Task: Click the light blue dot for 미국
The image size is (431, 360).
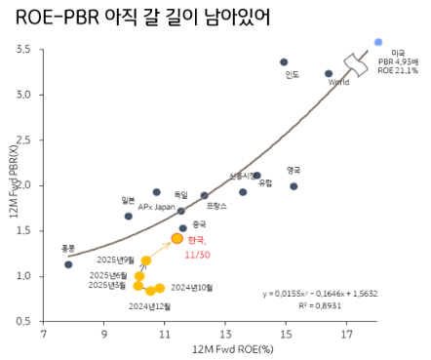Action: pos(378,42)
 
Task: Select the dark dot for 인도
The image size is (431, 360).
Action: pos(284,61)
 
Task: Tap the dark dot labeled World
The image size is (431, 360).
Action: pos(329,73)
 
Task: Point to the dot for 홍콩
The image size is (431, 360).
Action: pos(68,264)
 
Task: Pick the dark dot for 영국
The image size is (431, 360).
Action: pos(294,186)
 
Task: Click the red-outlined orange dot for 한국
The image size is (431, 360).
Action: pos(177,238)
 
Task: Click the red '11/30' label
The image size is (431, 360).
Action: pos(199,255)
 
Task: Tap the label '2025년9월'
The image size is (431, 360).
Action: pos(117,260)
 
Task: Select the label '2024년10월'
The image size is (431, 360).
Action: pos(191,288)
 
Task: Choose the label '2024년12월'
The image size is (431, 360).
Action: pos(149,306)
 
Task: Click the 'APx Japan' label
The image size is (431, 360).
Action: pos(155,207)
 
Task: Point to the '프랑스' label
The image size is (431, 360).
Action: pos(216,207)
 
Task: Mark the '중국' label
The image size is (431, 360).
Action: pos(199,223)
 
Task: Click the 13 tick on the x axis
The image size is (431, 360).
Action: pos(225,334)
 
